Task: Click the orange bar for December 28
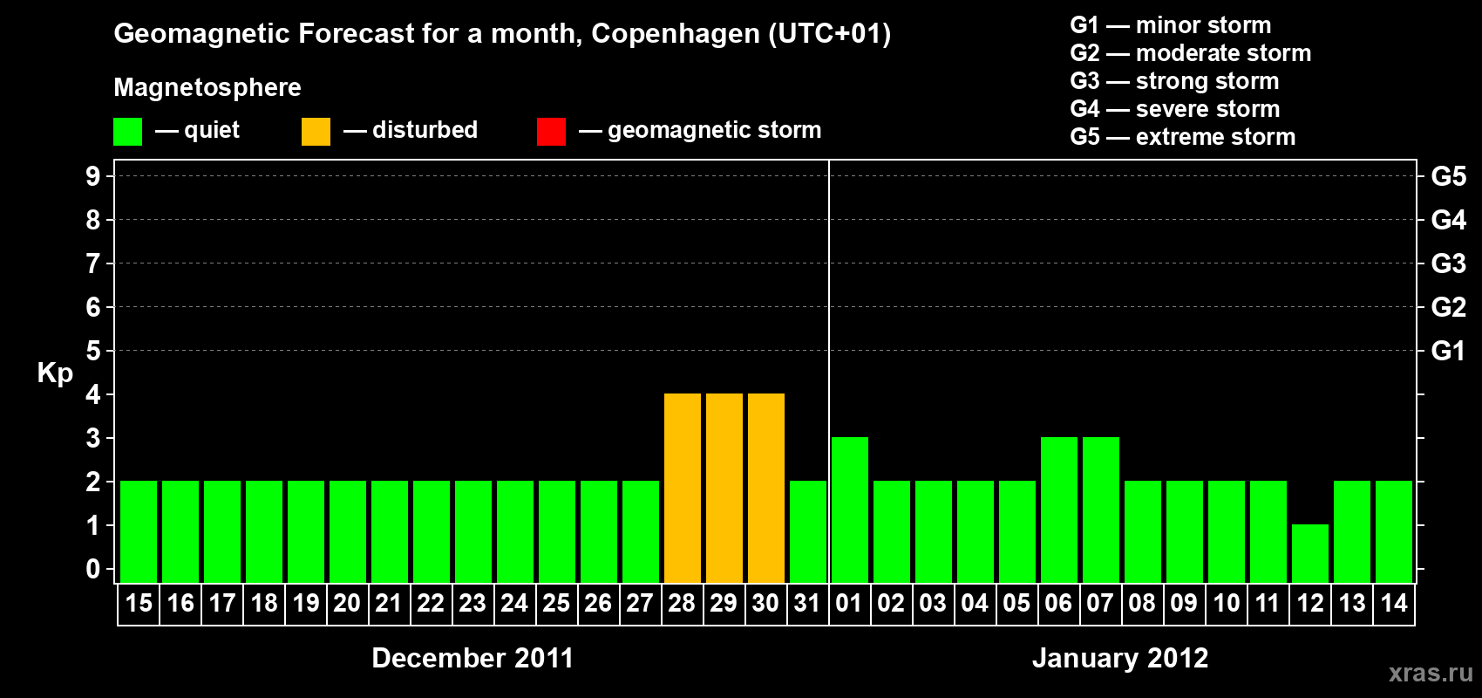coord(683,488)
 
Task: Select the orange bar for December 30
coord(766,488)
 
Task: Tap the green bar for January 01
coord(850,510)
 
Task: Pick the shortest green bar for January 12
coord(1310,553)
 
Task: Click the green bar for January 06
coord(1059,510)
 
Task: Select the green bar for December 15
coord(139,531)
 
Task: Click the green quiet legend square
coord(128,132)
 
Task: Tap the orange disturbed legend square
coord(316,132)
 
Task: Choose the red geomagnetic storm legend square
coord(551,132)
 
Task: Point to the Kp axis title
coord(55,373)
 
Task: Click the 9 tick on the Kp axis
coord(93,176)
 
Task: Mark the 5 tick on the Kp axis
coord(93,351)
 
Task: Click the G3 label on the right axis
coord(1448,263)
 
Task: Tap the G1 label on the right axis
coord(1448,351)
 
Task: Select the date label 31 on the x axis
coord(807,603)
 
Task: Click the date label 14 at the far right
coord(1393,603)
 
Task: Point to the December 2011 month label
coord(472,658)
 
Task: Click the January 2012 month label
coord(1120,658)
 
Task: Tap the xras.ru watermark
coord(1431,672)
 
